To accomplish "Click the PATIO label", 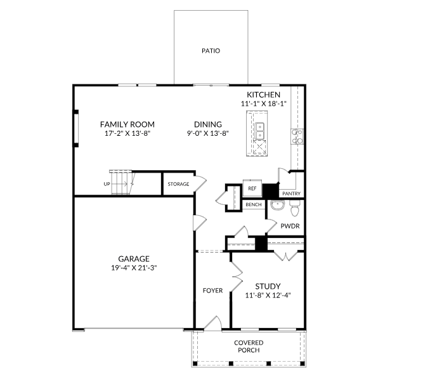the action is point(211,51).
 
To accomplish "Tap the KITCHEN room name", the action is point(264,95).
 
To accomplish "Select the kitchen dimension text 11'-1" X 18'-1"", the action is point(264,103).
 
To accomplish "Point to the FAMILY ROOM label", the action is point(127,124).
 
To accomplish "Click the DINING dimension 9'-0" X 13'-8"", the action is point(208,133).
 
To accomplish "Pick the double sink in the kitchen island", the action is point(259,131).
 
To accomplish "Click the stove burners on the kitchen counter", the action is point(297,136).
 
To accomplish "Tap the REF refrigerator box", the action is point(252,188).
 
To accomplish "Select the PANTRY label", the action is point(291,194).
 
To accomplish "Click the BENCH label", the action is point(254,204).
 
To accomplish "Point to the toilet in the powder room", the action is point(294,208).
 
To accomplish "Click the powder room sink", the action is point(277,205).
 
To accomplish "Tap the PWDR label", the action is point(290,226).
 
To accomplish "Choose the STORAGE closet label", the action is point(178,184).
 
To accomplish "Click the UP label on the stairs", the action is point(107,184).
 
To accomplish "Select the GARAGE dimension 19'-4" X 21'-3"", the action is point(134,268).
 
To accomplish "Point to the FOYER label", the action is point(213,291).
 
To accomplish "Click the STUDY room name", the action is point(268,286).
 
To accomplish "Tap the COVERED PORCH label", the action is point(249,346).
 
